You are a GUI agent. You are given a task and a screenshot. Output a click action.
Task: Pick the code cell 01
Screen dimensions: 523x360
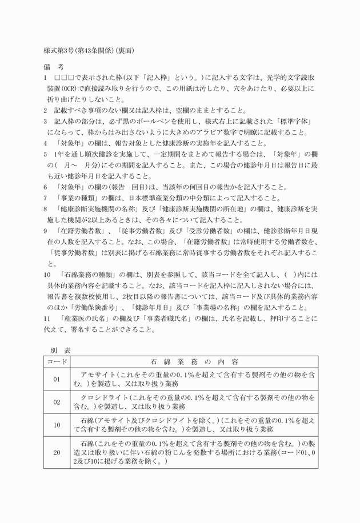coord(57,379)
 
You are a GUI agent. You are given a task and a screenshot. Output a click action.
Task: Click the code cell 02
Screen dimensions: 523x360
coord(57,402)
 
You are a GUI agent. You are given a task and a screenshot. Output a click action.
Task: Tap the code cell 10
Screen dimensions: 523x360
coord(57,425)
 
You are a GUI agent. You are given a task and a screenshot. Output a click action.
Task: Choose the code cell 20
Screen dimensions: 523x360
coord(57,452)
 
